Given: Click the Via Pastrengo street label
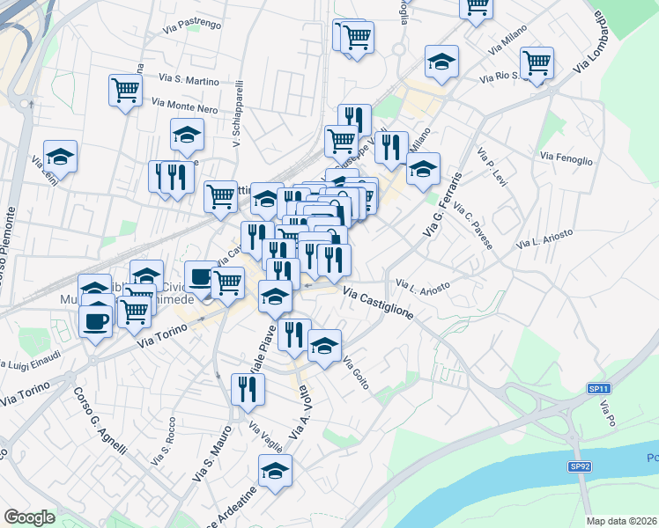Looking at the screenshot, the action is (192, 26).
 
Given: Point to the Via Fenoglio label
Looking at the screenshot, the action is (566, 158).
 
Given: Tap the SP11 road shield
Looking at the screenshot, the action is (599, 388).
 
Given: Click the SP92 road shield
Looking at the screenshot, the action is (579, 466).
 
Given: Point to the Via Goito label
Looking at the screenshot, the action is (355, 373).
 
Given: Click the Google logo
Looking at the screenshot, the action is (28, 517).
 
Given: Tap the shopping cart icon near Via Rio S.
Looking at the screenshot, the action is (537, 62).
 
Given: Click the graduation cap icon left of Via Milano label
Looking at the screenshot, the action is (441, 61).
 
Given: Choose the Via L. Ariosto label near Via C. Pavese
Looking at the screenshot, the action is (546, 237).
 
